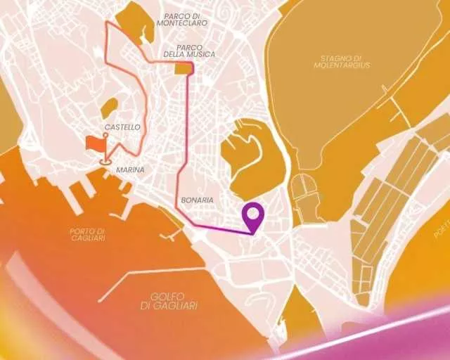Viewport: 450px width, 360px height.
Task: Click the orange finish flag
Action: tap(94, 143)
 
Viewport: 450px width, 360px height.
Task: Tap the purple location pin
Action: tap(253, 215)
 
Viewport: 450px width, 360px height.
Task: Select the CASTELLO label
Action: tap(122, 127)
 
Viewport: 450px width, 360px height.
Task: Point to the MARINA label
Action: tap(130, 170)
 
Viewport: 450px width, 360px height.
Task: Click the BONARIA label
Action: tap(197, 200)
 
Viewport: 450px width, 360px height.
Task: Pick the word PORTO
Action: tap(88, 231)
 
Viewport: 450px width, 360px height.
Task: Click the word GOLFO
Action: tap(169, 296)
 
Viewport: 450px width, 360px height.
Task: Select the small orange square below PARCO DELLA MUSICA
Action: tap(183, 68)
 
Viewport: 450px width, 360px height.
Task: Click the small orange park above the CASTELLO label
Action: tap(109, 107)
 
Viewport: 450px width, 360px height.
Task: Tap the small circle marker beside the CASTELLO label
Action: tap(105, 134)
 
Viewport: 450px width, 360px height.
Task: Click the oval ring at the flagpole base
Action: tap(105, 161)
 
